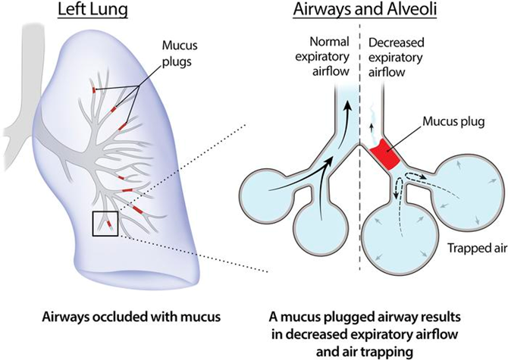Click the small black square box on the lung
105,224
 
